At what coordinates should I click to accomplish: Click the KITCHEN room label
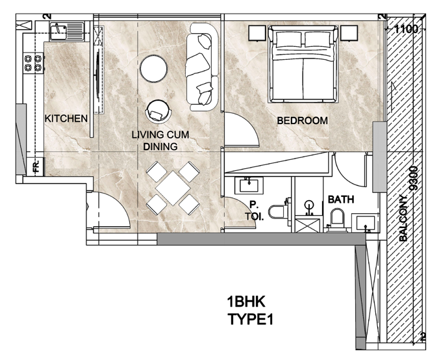click(66, 118)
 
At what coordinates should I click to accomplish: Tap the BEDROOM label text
click(303, 120)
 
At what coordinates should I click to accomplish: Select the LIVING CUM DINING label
click(160, 140)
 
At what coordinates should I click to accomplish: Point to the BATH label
click(341, 199)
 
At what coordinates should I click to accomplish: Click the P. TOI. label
click(254, 211)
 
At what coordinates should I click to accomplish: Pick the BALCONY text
click(403, 218)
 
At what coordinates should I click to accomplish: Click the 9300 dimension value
click(414, 179)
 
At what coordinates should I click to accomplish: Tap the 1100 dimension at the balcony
click(406, 29)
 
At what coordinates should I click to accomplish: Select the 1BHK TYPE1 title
click(250, 311)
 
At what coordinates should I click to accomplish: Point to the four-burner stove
click(33, 63)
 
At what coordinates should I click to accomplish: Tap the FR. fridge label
click(37, 166)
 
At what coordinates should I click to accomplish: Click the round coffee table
click(154, 68)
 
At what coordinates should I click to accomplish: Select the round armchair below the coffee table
click(158, 112)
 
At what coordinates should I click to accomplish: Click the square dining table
click(173, 188)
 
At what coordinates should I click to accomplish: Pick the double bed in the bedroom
click(303, 64)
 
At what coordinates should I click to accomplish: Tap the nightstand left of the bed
click(257, 33)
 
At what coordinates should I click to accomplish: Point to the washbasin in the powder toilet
click(249, 186)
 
